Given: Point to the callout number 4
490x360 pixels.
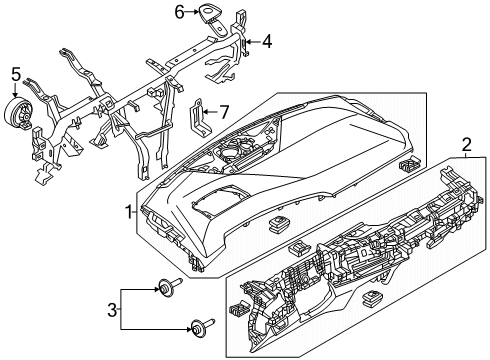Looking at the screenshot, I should (266, 42).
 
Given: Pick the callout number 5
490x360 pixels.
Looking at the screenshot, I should (15, 73).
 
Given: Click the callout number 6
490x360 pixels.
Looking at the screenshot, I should (180, 12).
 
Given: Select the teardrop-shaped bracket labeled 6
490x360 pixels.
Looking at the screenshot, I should (210, 13).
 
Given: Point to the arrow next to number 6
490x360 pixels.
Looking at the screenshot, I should (193, 12).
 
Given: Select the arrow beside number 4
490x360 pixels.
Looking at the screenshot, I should (253, 42).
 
